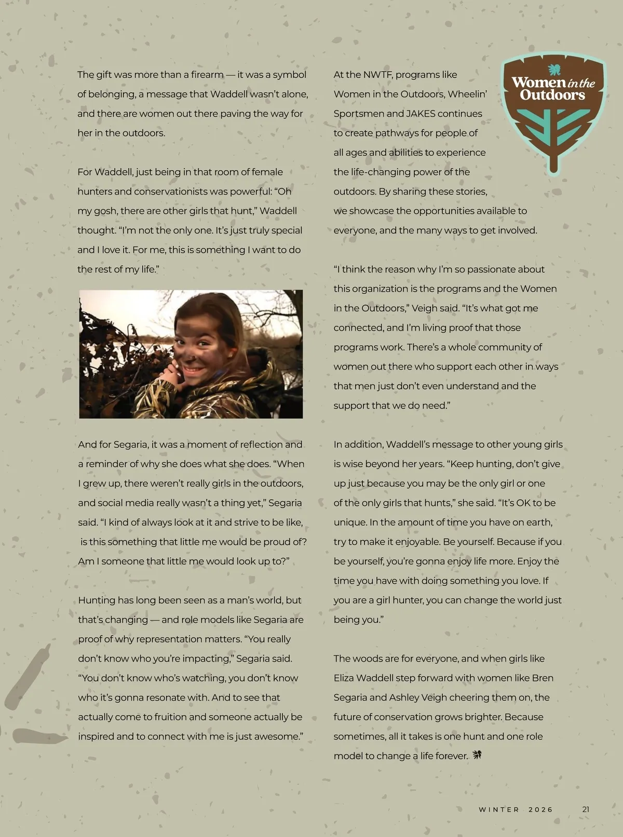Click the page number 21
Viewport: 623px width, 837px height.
coord(586,809)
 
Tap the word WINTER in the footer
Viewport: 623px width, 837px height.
coord(499,809)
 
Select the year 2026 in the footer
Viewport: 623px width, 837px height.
coord(541,809)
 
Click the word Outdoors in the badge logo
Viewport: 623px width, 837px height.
coord(552,95)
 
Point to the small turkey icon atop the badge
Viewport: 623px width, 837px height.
coord(553,70)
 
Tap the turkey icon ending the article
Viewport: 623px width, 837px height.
coord(477,755)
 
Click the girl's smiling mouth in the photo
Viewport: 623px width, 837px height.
coord(194,371)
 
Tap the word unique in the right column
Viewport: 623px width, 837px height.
coord(350,523)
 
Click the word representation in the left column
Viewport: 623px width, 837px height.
coord(186,639)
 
